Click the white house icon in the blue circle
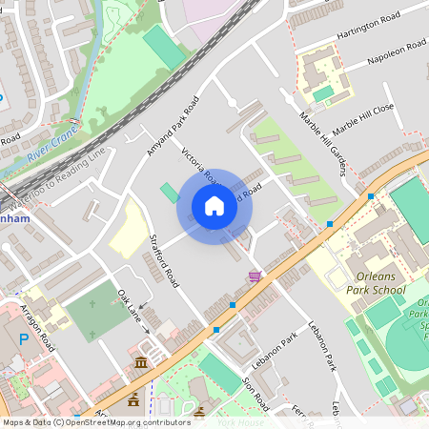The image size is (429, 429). click(214, 206)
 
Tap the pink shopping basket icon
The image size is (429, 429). click(255, 276)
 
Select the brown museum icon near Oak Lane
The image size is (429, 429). click(141, 362)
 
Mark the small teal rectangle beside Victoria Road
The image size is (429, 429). click(170, 193)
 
